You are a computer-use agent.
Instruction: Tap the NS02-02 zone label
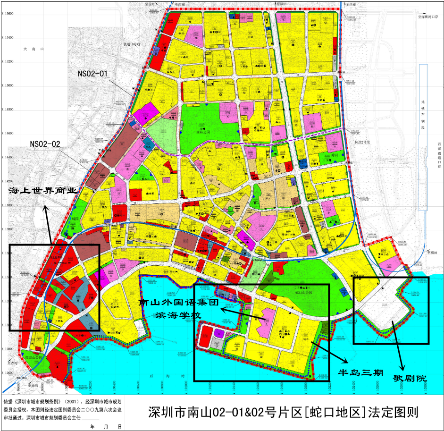point(45,144)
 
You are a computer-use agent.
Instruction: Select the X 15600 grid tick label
point(7,13)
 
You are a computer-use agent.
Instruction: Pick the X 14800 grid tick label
point(7,109)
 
